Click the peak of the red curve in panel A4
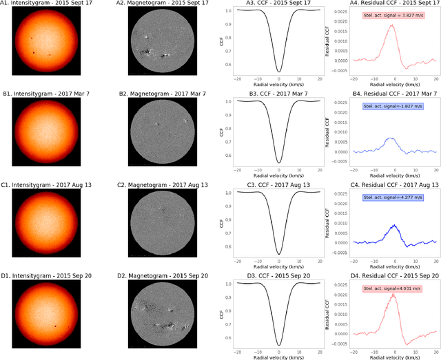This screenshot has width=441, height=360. point(391,25)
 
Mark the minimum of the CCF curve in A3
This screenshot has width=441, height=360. point(278,71)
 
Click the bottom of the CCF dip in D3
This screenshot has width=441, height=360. point(278,344)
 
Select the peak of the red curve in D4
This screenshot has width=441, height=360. point(392,295)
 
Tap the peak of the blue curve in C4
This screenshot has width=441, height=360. point(392,224)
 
